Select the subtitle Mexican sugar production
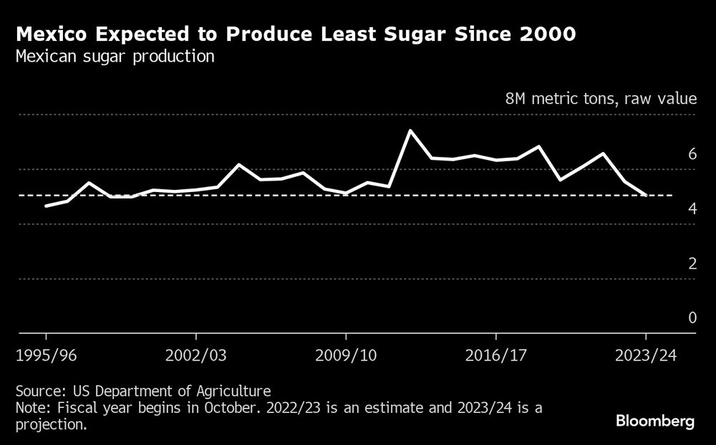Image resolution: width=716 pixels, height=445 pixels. pyautogui.click(x=115, y=57)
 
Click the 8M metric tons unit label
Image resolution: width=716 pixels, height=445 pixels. pyautogui.click(x=601, y=99)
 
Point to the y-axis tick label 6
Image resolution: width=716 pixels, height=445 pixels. pyautogui.click(x=692, y=153)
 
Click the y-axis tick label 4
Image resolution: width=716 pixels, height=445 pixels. pyautogui.click(x=692, y=209)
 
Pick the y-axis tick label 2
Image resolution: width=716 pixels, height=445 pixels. pyautogui.click(x=692, y=263)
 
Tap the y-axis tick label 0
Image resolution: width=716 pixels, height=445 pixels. pyautogui.click(x=692, y=317)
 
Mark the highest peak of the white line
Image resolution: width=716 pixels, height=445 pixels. pyautogui.click(x=410, y=130)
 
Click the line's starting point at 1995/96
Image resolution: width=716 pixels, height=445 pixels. pyautogui.click(x=47, y=206)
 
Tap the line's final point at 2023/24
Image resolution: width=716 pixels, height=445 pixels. pyautogui.click(x=646, y=195)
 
